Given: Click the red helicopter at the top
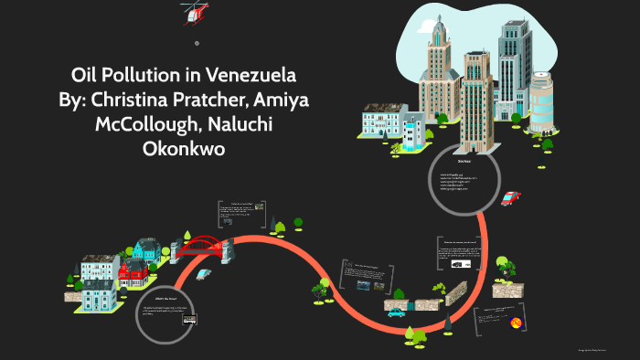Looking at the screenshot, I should coord(194,11).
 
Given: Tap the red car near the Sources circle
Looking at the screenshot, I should coord(510,198).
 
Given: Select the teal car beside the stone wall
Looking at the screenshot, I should coord(396,312).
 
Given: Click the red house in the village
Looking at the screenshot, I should coord(133,270).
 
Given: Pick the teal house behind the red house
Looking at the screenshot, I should coord(145,249).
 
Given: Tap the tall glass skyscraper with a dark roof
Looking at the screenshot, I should coord(514,64).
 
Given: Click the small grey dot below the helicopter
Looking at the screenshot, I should coord(197,43).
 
